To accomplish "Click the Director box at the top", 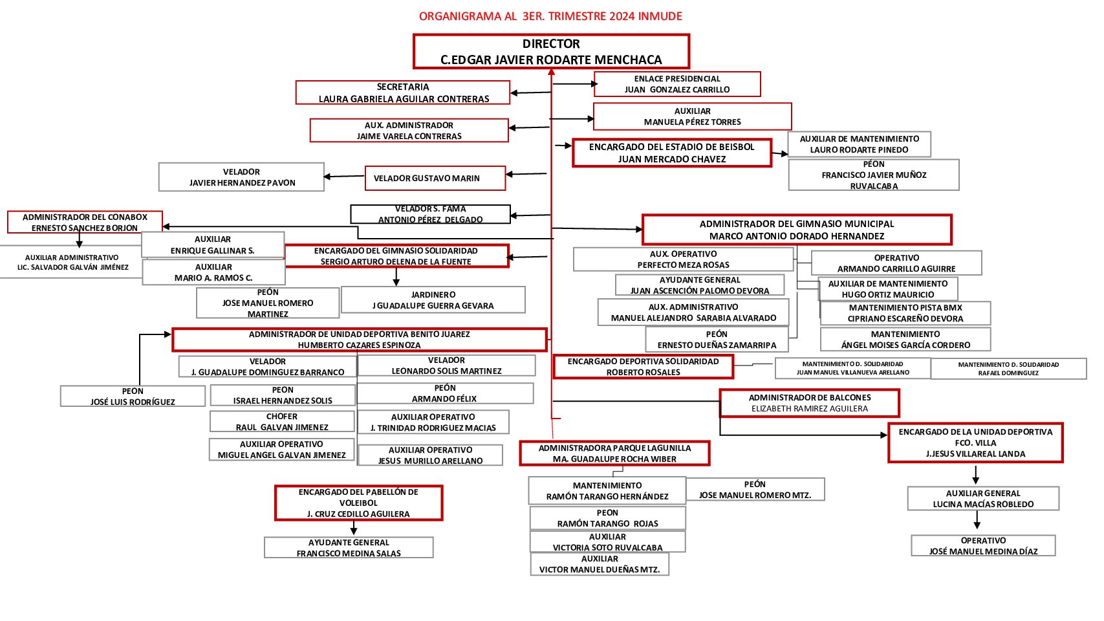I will click(x=551, y=52).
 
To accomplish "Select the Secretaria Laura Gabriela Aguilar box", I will click(x=403, y=93).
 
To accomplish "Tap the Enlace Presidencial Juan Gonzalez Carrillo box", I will click(x=676, y=84).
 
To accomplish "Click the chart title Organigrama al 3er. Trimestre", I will click(x=550, y=16).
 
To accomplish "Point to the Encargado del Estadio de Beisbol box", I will click(x=671, y=153).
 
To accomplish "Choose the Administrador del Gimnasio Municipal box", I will click(x=796, y=230).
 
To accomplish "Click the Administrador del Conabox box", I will click(x=85, y=222).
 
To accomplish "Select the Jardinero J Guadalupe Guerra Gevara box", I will click(x=433, y=300).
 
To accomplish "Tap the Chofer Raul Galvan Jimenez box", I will click(x=282, y=422).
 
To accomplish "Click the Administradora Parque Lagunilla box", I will click(x=614, y=453).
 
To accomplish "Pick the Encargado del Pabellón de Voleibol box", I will click(x=358, y=503).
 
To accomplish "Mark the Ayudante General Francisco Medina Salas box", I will click(x=349, y=547).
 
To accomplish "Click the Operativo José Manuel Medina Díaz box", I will click(x=983, y=545).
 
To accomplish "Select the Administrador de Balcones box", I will click(x=809, y=403).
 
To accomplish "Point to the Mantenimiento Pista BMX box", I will click(x=905, y=313).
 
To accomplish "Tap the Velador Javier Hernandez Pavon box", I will click(x=241, y=177).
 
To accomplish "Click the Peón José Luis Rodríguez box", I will click(x=133, y=396).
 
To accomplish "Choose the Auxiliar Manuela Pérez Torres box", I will click(x=692, y=116).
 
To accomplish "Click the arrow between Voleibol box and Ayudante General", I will click(x=354, y=528).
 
